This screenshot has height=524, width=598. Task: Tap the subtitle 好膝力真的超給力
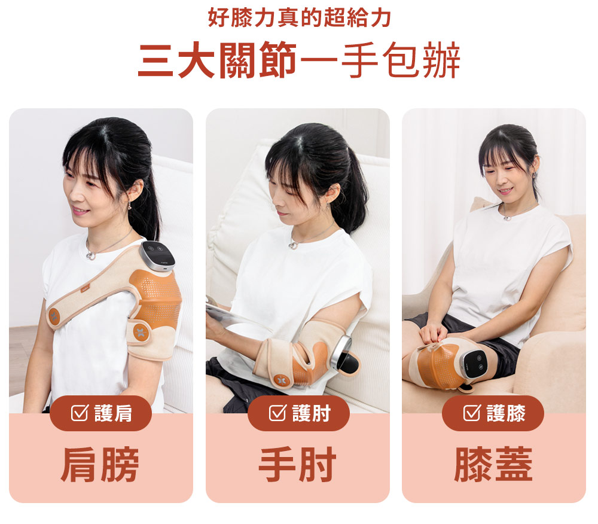coord(299,18)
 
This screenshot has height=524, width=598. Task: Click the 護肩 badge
coord(101,413)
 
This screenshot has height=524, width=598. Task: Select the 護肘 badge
coord(298,413)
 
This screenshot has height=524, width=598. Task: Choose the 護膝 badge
coord(493,413)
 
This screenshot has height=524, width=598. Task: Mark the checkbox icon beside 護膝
coord(472,413)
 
